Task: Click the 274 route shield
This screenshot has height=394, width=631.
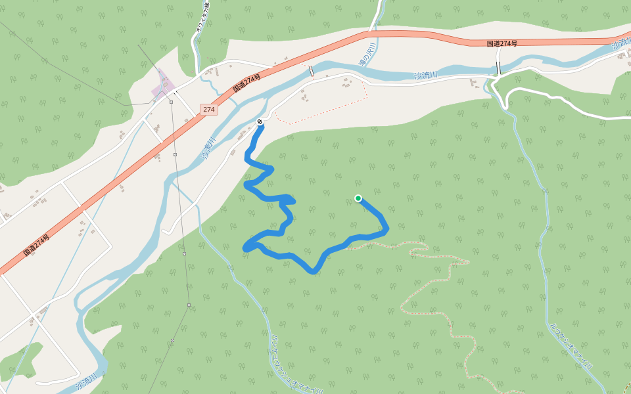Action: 209,110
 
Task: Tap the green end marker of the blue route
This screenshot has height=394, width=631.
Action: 358,198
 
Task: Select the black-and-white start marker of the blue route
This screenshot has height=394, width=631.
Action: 261,121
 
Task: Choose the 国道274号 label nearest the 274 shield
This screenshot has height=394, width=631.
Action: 246,84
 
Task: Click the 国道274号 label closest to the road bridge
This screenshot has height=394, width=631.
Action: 502,43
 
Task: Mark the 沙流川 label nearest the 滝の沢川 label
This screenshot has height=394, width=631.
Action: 426,76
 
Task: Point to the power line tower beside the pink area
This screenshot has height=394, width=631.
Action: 171,102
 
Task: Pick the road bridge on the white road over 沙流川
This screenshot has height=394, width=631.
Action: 499,68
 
